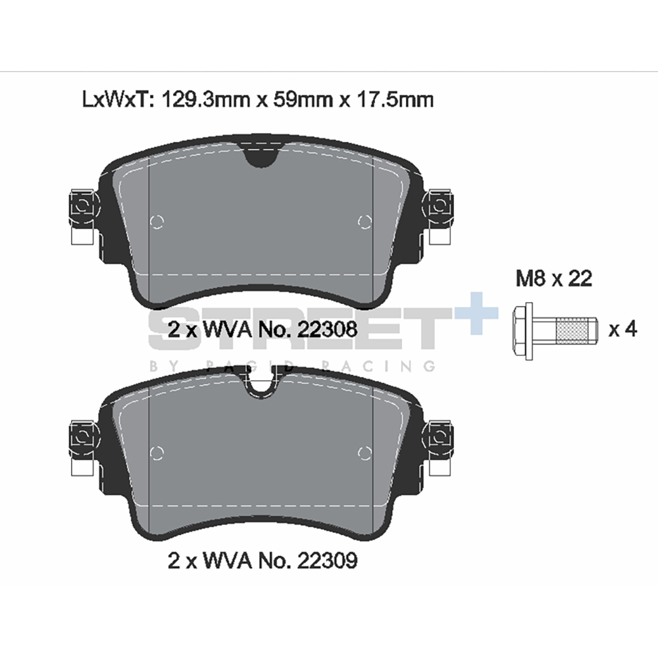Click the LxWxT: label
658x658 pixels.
[118, 100]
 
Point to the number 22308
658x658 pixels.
[327, 330]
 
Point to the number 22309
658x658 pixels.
[327, 560]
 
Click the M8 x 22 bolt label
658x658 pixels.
[554, 278]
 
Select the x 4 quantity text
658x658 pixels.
[623, 330]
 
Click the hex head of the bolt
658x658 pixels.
[523, 331]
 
